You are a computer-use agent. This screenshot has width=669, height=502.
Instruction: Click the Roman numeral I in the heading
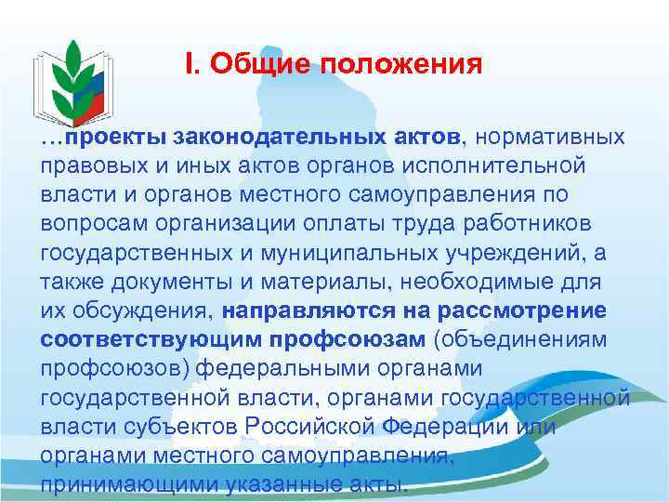(x=190, y=64)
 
